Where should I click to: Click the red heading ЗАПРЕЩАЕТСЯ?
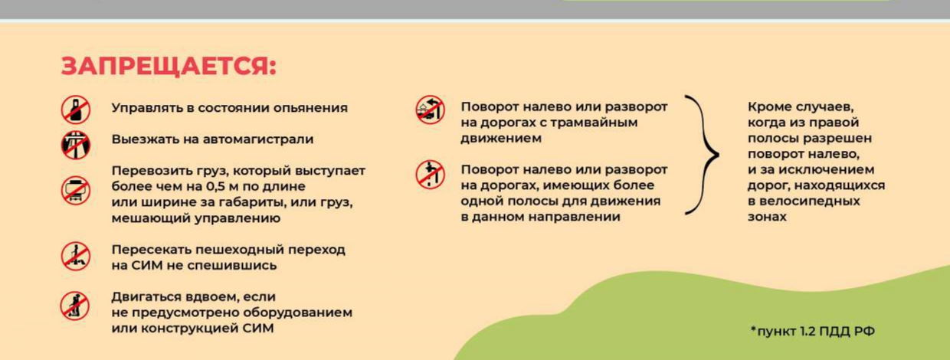point(169,67)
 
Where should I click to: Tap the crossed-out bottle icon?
point(76,110)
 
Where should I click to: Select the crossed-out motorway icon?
point(76,145)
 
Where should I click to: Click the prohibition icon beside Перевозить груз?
point(76,191)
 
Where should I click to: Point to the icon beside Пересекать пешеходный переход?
point(76,256)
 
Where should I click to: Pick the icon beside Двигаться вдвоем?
point(74,306)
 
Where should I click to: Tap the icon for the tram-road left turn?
point(430,110)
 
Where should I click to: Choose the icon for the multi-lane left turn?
point(430,175)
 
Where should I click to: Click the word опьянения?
point(310,108)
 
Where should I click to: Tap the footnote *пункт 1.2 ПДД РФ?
point(813,331)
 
